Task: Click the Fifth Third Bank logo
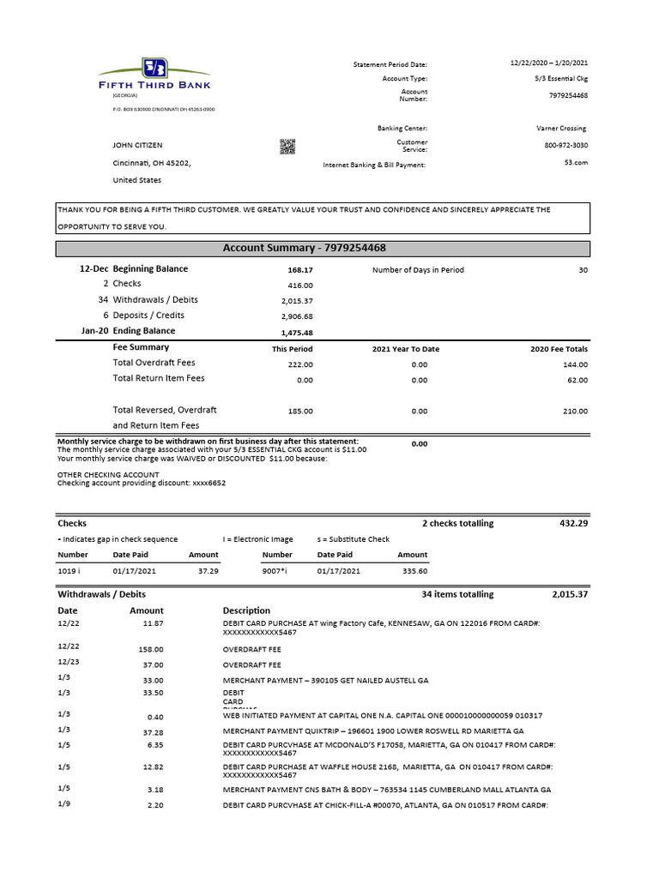pos(154,77)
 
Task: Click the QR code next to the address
pos(287,146)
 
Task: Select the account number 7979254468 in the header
pos(568,95)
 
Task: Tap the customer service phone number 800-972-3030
pos(566,145)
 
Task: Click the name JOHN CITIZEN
pos(137,146)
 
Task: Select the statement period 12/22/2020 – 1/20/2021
pos(548,63)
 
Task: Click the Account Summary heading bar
pos(323,249)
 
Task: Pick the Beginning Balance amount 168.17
pos(300,270)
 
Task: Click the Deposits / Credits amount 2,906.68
pos(297,316)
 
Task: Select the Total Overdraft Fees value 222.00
pos(299,364)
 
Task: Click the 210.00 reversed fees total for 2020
pos(575,412)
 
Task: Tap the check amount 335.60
pos(414,570)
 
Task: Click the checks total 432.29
pos(570,523)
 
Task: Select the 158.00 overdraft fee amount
pos(151,650)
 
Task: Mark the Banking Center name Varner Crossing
pos(562,129)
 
